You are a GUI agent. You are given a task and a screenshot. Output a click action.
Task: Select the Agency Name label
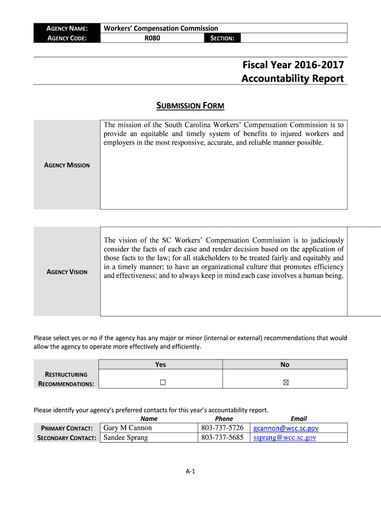click(67, 28)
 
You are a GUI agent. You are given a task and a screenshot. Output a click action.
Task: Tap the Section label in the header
click(222, 38)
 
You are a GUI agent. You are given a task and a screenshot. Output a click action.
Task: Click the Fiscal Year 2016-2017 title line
click(292, 65)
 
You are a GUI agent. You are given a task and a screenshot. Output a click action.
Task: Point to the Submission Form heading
click(190, 105)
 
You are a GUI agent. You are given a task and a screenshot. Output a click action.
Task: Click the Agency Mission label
click(67, 165)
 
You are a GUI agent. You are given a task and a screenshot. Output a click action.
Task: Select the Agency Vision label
click(67, 272)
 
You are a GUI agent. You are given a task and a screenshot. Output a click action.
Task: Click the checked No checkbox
click(285, 382)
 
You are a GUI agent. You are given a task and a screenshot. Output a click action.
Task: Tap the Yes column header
click(161, 364)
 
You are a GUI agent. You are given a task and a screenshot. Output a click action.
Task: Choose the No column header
click(285, 364)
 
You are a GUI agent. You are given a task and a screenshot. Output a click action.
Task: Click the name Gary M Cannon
click(128, 428)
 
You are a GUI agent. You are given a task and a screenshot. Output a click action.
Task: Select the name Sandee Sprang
click(126, 438)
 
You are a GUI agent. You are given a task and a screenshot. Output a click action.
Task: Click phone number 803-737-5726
click(223, 428)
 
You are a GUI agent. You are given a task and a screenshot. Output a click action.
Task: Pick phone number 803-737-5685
click(223, 438)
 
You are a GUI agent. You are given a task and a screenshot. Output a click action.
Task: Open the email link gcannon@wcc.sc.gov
click(286, 428)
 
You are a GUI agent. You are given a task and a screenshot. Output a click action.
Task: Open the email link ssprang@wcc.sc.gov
click(285, 438)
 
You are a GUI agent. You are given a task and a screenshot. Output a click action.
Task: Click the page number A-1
click(190, 471)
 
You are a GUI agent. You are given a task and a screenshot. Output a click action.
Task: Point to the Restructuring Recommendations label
click(66, 379)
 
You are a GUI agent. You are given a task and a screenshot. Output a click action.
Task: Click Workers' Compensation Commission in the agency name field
click(161, 28)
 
